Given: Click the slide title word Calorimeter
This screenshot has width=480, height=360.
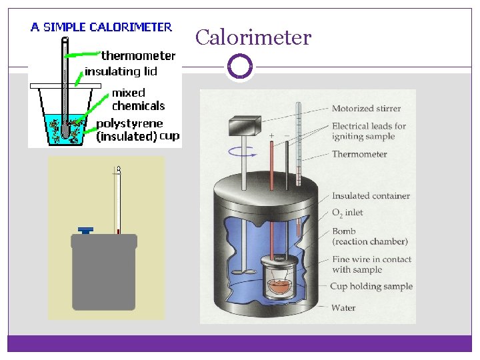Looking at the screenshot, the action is point(253,37).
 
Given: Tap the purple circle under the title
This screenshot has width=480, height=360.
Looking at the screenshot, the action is point(240,67).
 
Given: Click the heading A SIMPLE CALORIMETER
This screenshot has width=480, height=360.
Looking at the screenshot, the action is point(101,27).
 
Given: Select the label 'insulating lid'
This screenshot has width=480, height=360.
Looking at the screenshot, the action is point(121,71).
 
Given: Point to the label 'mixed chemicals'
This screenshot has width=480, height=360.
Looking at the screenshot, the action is point(138,99).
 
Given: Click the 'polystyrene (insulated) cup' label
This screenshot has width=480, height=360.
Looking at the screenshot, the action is point(138,130).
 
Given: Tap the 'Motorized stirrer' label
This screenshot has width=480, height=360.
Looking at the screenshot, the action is point(367,109).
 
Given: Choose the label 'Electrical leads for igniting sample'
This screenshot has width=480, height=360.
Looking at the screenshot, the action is point(369,131).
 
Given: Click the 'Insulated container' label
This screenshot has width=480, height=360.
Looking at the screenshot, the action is point(371,196).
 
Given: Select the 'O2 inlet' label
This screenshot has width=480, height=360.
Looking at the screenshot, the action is point(347,213).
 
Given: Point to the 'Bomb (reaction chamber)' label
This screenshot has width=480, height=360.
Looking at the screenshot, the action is point(369,236).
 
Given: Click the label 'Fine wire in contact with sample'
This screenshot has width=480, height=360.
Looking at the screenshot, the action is point(371,265).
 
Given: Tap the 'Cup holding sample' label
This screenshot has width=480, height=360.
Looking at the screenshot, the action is point(371,287).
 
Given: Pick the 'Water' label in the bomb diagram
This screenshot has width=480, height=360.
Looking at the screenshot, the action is point(343,308).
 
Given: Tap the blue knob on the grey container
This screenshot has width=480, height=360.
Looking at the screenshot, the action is point(85,230).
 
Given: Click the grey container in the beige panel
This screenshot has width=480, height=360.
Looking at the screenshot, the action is point(104,273).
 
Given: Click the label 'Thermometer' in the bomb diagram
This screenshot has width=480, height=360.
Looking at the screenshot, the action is point(359,155).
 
